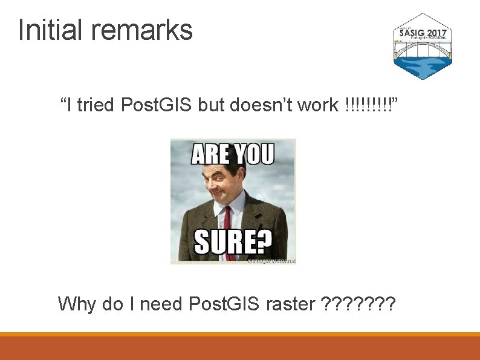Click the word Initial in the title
[x=48, y=30]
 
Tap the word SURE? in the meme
[x=233, y=243]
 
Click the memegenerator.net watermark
[x=271, y=261]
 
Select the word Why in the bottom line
[x=77, y=303]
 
